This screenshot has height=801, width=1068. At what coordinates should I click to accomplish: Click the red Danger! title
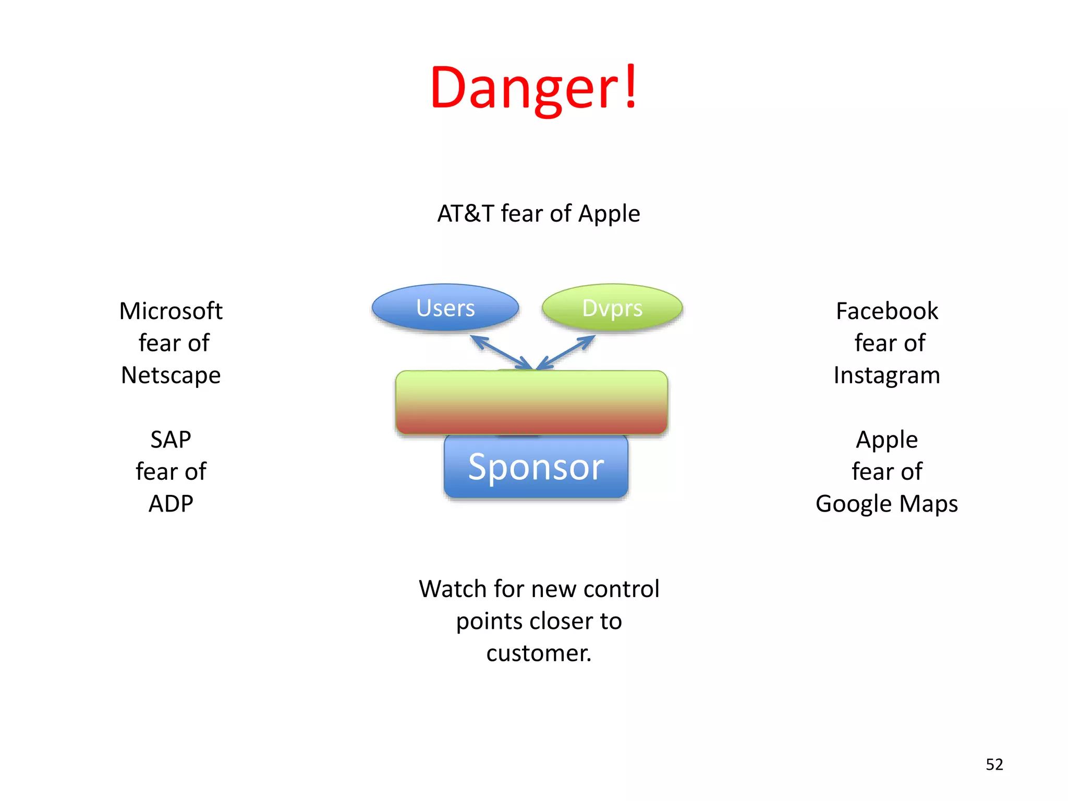[x=533, y=88]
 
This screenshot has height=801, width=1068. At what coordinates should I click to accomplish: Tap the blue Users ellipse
[x=445, y=308]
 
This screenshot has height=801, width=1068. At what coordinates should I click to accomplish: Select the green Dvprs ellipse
[x=612, y=308]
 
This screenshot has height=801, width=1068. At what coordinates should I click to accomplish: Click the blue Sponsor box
[x=536, y=467]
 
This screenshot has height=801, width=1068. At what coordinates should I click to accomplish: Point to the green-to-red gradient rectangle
[x=531, y=402]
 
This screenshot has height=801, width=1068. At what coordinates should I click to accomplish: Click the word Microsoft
[x=171, y=311]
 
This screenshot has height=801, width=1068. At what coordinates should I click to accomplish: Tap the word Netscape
[x=171, y=375]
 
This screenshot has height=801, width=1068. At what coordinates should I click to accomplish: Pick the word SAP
[x=171, y=440]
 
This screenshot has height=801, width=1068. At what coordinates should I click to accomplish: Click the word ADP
[x=171, y=504]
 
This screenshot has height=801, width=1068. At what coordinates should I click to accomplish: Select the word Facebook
[x=887, y=311]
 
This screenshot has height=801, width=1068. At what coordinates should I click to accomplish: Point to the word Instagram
[x=887, y=375]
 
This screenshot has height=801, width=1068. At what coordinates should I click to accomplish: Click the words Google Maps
[x=887, y=504]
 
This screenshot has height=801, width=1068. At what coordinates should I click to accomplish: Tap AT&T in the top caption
[x=466, y=214]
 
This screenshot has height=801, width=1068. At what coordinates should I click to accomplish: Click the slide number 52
[x=994, y=764]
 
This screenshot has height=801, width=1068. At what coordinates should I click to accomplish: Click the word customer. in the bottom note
[x=539, y=653]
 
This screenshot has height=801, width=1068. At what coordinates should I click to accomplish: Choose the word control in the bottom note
[x=622, y=589]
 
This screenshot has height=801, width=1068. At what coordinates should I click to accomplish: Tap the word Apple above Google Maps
[x=887, y=440]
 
